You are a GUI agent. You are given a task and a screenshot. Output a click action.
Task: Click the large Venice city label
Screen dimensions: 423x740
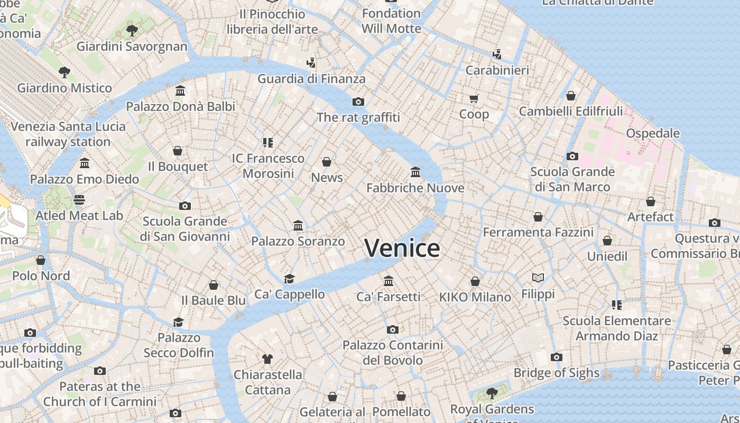402,248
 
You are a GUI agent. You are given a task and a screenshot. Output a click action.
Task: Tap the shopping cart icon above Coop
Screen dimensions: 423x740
474,98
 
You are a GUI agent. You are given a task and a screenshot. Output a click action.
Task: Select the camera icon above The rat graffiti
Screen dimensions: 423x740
358,102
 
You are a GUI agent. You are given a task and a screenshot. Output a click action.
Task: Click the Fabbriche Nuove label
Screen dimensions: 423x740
415,188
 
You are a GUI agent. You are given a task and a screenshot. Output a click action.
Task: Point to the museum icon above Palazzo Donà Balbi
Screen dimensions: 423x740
180,91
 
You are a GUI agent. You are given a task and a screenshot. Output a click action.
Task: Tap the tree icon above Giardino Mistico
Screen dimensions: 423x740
64,72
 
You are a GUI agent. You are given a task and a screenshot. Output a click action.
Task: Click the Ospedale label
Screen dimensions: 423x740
653,133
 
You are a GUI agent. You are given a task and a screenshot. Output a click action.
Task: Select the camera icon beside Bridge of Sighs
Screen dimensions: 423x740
556,357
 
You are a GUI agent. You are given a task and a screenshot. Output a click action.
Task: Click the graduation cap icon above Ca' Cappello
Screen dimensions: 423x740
289,279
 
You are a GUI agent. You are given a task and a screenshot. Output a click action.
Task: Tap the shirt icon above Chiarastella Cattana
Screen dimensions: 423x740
267,359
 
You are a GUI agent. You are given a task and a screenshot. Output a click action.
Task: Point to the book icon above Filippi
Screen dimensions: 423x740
538,278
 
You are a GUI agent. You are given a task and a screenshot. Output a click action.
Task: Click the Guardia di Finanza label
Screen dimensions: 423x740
311,79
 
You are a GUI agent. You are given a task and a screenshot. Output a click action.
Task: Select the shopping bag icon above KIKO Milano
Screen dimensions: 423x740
475,281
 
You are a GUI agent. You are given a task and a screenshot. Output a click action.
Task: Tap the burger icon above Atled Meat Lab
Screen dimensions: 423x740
79,200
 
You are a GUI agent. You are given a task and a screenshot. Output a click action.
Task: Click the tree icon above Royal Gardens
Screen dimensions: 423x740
492,393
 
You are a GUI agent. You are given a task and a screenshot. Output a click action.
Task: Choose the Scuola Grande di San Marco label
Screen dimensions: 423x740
572,179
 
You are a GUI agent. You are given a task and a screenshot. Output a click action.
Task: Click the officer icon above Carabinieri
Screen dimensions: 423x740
497,54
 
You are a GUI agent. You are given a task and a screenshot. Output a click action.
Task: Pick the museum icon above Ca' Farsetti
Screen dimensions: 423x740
388,281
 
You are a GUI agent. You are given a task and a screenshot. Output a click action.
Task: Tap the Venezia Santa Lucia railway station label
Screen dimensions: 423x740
68,134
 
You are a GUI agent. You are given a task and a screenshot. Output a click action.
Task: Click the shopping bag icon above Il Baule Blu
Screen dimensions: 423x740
214,285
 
